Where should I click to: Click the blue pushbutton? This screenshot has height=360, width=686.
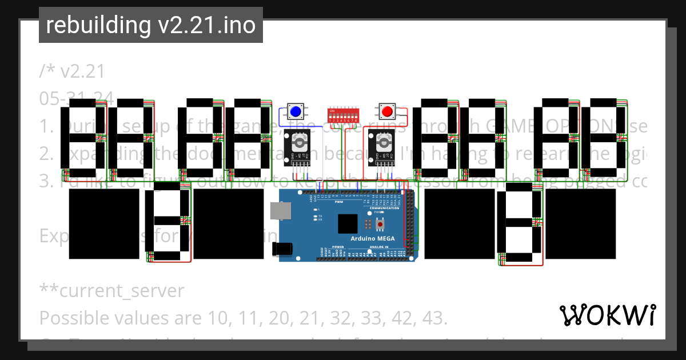(296, 111)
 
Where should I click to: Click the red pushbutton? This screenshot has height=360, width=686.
(387, 111)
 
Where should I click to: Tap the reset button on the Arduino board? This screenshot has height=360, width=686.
(380, 223)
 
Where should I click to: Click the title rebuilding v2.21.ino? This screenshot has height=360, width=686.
(150, 25)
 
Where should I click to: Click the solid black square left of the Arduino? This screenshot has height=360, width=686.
(229, 224)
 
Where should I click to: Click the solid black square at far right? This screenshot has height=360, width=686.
(581, 224)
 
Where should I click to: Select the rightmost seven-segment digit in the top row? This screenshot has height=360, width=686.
(604, 138)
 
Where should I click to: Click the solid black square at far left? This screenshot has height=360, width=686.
(104, 224)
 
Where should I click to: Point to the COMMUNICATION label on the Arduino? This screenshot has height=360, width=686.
(384, 208)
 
